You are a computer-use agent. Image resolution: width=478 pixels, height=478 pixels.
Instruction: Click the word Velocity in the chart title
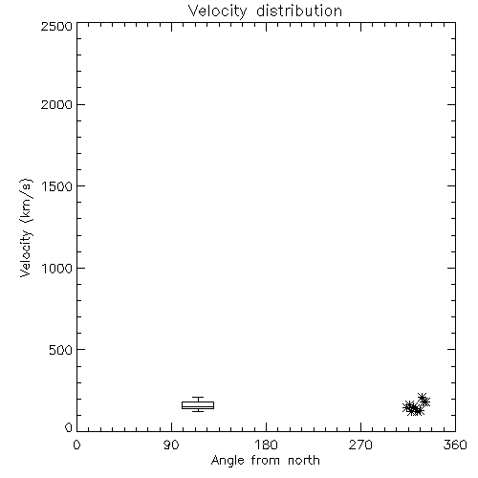pyautogui.click(x=217, y=11)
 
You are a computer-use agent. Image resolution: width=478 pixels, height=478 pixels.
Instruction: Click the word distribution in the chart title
pyautogui.click(x=299, y=11)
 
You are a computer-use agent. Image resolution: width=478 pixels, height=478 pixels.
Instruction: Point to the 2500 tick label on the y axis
pyautogui.click(x=56, y=26)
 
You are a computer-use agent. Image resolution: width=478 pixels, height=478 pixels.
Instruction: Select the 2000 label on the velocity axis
pyautogui.click(x=56, y=105)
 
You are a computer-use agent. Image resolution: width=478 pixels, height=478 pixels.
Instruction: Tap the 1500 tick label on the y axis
pyautogui.click(x=57, y=186)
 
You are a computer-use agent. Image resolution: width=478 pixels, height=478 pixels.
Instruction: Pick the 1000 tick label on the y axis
pyautogui.click(x=57, y=269)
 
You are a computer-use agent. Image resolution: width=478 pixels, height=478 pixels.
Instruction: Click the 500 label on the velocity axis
pyautogui.click(x=61, y=350)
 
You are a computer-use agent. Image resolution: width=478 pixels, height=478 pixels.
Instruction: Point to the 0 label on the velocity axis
pyautogui.click(x=69, y=427)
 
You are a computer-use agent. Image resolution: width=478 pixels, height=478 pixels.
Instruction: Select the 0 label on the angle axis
pyautogui.click(x=76, y=445)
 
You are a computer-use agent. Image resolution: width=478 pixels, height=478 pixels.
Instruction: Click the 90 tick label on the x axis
pyautogui.click(x=171, y=445)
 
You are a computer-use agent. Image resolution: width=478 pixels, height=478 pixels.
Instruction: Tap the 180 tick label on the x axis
pyautogui.click(x=266, y=445)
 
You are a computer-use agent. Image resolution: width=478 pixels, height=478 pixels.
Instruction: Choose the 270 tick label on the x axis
pyautogui.click(x=360, y=445)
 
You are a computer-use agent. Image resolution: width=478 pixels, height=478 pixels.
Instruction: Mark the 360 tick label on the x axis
pyautogui.click(x=455, y=445)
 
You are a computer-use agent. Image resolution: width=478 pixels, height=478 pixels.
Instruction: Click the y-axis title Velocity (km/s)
pyautogui.click(x=26, y=228)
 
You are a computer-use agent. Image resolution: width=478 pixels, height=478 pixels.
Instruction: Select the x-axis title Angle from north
pyautogui.click(x=266, y=461)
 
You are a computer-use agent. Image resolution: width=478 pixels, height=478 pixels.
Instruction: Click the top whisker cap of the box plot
pyautogui.click(x=198, y=397)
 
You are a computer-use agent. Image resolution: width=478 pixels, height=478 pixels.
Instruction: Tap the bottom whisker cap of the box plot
pyautogui.click(x=198, y=411)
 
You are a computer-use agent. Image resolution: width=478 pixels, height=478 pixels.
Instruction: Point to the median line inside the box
pyautogui.click(x=198, y=406)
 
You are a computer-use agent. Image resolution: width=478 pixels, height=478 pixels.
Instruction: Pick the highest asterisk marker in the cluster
pyautogui.click(x=423, y=398)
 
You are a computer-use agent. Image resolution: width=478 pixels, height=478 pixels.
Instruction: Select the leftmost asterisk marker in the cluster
pyautogui.click(x=407, y=407)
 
